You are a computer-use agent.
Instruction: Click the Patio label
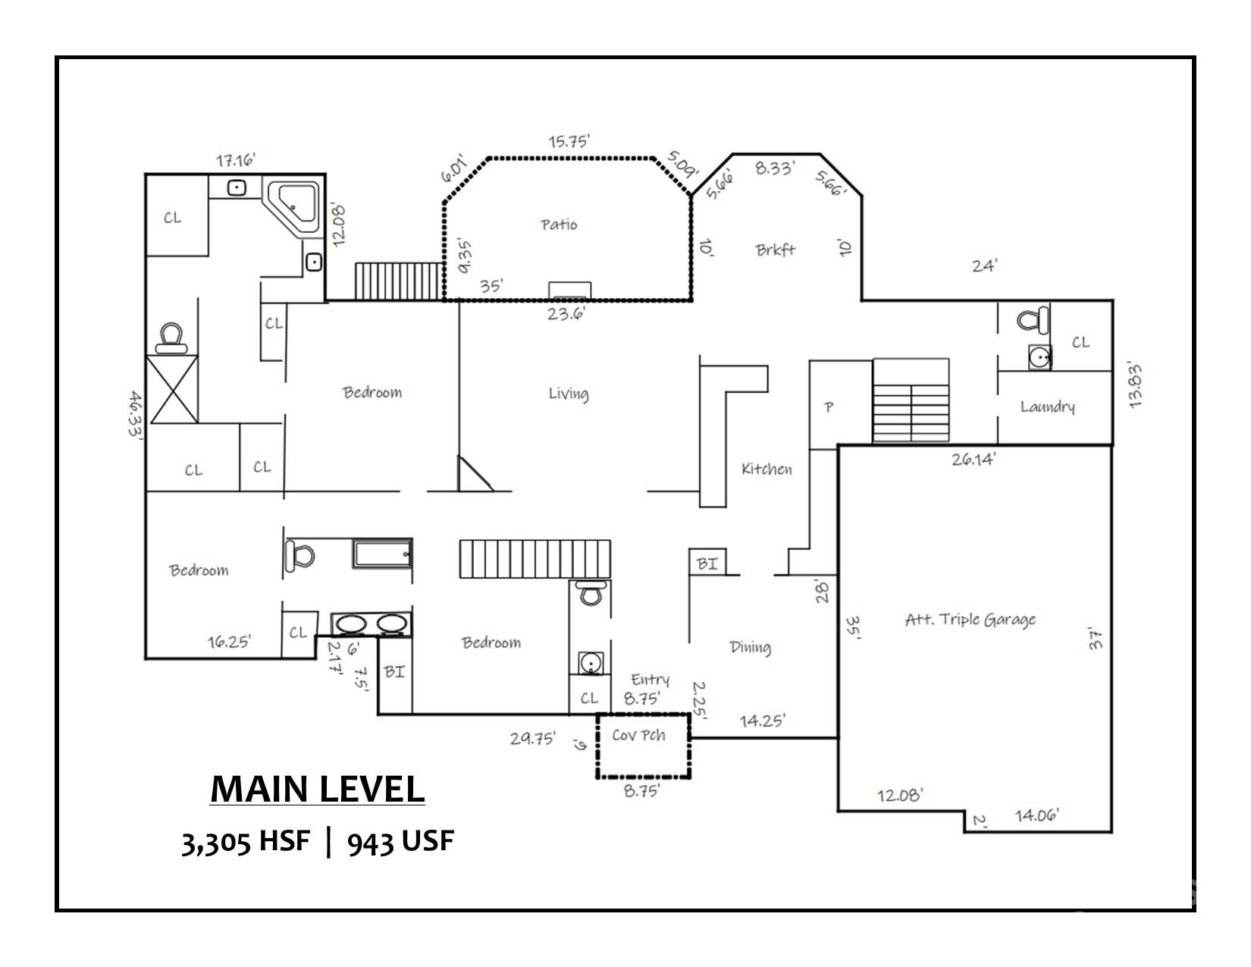coord(559,224)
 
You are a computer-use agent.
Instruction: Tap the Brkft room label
coord(775,250)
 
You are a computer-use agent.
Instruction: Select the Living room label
coord(568,394)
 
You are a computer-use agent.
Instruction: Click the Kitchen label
coord(767,469)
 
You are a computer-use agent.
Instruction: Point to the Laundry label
coord(1047,407)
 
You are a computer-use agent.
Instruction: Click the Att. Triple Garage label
coord(970,620)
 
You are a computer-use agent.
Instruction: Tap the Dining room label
coord(750,647)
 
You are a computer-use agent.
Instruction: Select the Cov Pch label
coord(638,735)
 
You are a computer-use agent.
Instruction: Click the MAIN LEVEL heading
coord(317,790)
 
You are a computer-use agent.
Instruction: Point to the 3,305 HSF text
coord(246,842)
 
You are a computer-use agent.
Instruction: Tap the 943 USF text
coord(400,842)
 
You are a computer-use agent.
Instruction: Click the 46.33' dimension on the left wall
coord(136,414)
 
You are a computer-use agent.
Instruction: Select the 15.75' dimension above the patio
coord(569,141)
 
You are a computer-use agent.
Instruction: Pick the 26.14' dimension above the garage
coord(974,459)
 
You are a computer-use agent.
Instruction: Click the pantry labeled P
coord(829,407)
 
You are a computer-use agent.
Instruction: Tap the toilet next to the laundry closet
coord(1033,319)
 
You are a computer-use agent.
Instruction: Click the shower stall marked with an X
coord(174,388)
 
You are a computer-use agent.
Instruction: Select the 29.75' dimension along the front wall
coord(533,738)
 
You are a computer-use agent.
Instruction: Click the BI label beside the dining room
coord(707,564)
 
